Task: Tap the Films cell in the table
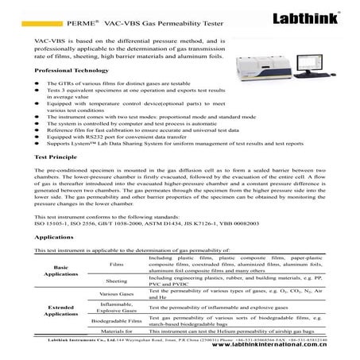[116, 264]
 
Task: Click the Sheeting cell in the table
[116, 281]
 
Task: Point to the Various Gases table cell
[116, 294]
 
